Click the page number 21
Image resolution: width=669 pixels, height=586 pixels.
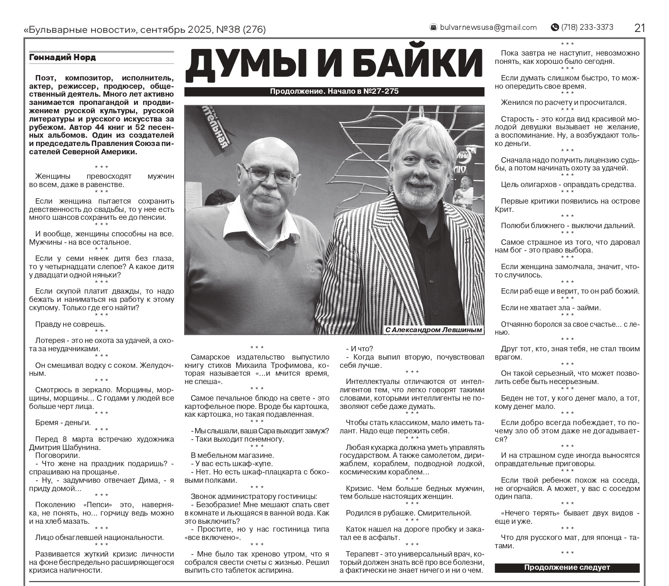[639, 28]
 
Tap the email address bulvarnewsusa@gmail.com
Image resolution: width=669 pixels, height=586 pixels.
[488, 27]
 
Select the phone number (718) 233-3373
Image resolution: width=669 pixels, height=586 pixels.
[587, 27]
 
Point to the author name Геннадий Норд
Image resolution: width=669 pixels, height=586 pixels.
[62, 58]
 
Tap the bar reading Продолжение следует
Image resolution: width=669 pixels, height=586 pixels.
[567, 567]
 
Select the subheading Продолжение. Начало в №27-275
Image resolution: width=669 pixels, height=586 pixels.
[334, 91]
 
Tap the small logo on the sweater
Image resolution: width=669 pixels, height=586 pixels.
[310, 268]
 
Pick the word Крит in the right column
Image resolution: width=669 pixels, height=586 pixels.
[504, 209]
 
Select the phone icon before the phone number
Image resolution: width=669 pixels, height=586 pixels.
[555, 27]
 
